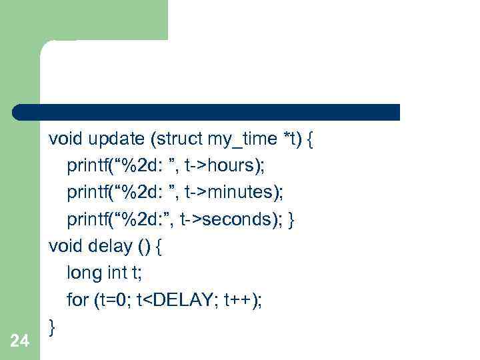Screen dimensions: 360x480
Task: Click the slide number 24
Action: pyautogui.click(x=20, y=341)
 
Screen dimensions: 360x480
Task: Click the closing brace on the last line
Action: pyautogui.click(x=53, y=326)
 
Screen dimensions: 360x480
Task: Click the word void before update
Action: pyautogui.click(x=65, y=139)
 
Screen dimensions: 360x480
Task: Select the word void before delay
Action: pyautogui.click(x=65, y=246)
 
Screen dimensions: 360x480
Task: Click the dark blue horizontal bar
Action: pyautogui.click(x=207, y=112)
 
